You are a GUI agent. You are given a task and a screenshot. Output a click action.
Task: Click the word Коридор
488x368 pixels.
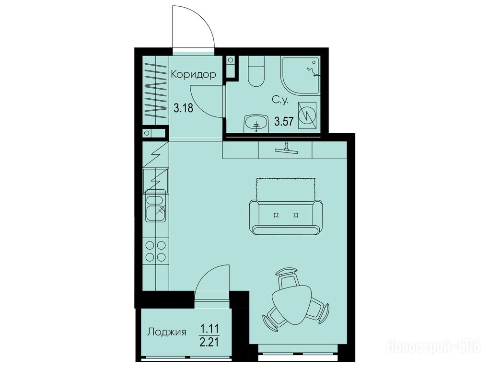193,75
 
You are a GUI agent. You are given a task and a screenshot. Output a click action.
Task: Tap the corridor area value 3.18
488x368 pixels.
183,109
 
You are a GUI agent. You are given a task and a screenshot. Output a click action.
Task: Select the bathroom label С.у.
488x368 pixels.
281,100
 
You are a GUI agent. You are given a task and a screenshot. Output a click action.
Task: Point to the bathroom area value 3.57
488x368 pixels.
284,121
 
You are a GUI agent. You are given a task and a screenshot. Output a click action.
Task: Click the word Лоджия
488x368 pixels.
167,332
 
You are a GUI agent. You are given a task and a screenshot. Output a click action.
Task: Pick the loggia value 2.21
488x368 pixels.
209,342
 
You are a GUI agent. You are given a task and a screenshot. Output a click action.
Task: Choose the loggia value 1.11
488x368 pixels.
209,328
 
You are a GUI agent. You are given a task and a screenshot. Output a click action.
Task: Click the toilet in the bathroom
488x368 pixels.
256,71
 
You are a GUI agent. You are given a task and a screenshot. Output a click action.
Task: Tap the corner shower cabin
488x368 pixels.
301,75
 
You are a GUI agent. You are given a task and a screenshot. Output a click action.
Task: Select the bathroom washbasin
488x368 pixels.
256,122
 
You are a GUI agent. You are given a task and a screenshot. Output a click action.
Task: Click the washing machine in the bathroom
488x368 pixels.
307,115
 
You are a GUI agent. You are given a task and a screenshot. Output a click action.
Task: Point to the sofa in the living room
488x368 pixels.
286,217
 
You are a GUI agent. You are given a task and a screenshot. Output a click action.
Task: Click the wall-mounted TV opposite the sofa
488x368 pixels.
286,149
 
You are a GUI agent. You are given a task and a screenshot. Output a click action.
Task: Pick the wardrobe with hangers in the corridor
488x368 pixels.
155,91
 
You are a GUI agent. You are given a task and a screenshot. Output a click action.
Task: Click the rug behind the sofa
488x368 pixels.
286,190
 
